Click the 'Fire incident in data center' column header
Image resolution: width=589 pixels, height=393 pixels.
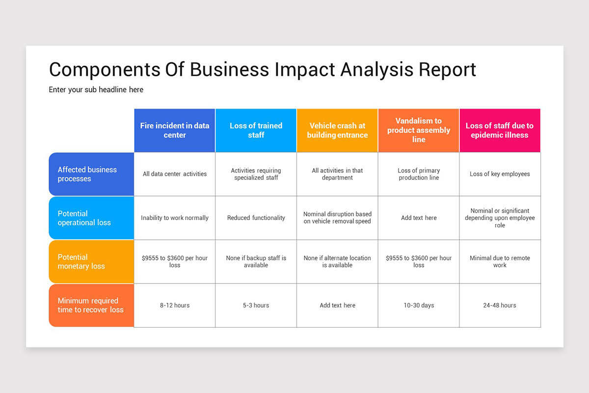click(x=175, y=130)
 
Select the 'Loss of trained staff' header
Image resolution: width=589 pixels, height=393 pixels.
click(x=256, y=130)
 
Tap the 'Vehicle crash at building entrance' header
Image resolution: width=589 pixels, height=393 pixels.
click(x=337, y=130)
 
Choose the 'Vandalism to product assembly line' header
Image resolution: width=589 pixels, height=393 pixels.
click(x=419, y=130)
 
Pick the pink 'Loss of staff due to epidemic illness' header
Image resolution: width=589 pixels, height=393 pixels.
click(x=500, y=130)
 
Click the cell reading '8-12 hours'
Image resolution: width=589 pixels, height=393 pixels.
click(x=175, y=305)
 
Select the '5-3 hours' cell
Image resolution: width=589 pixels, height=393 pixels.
click(x=256, y=305)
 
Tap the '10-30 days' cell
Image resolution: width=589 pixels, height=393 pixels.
click(x=419, y=305)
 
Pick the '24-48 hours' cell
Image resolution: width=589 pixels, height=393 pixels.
click(x=500, y=305)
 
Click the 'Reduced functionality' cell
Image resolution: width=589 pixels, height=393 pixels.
click(x=256, y=218)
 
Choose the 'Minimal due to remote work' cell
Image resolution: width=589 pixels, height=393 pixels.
click(x=500, y=261)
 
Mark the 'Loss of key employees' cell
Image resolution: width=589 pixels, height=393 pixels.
click(x=500, y=174)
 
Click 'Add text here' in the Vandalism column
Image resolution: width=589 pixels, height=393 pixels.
click(x=419, y=218)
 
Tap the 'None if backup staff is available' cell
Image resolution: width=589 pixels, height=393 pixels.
click(x=256, y=261)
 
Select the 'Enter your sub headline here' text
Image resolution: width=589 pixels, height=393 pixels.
click(x=96, y=89)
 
